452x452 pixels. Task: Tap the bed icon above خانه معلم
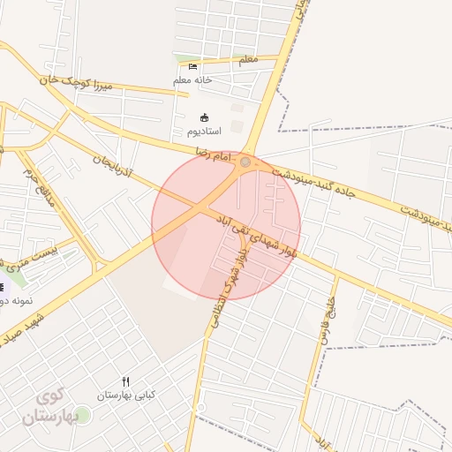point(193,67)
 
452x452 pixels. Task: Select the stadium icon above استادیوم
point(205,117)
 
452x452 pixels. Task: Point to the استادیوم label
point(205,132)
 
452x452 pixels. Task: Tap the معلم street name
point(247,60)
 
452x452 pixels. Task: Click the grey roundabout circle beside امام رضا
point(245,162)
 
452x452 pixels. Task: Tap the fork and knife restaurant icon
point(125,381)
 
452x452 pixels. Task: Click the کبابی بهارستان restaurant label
point(125,395)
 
